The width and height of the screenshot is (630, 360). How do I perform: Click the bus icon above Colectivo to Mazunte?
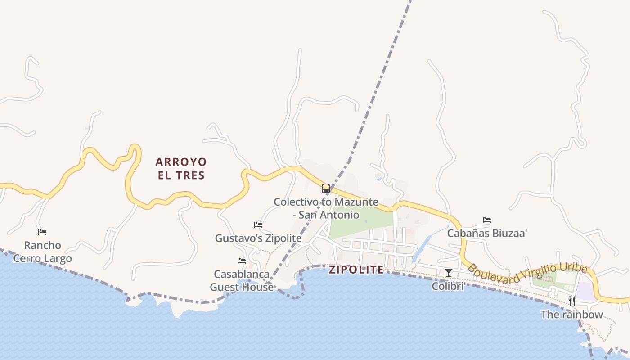coord(326,189)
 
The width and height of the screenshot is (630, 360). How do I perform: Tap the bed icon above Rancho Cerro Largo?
coord(42,232)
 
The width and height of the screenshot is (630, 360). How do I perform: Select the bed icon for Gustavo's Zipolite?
coord(258,225)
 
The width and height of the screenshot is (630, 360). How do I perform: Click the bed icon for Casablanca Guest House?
coord(242,261)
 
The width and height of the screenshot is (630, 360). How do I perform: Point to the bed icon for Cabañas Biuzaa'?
coord(487,220)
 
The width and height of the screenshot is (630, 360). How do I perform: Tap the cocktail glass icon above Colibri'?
coord(448,272)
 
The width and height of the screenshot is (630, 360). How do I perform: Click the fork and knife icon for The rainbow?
coord(572,301)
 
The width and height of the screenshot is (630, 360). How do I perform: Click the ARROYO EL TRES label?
coord(181,168)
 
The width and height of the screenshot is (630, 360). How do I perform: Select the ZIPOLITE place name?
coord(356,270)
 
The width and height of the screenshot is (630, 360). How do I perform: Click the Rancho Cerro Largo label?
coord(42,252)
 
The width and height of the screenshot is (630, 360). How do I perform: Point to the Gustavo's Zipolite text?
coord(258,238)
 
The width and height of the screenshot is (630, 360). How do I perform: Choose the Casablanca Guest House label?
coord(242,280)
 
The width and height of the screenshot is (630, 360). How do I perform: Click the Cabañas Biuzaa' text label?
coord(487,233)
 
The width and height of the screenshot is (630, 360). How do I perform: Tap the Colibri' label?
coord(448,286)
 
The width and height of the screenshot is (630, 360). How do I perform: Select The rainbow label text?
coord(571,314)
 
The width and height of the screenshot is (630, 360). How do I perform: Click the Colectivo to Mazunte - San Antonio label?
coord(326,208)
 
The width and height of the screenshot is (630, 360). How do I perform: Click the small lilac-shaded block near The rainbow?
coord(585,291)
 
